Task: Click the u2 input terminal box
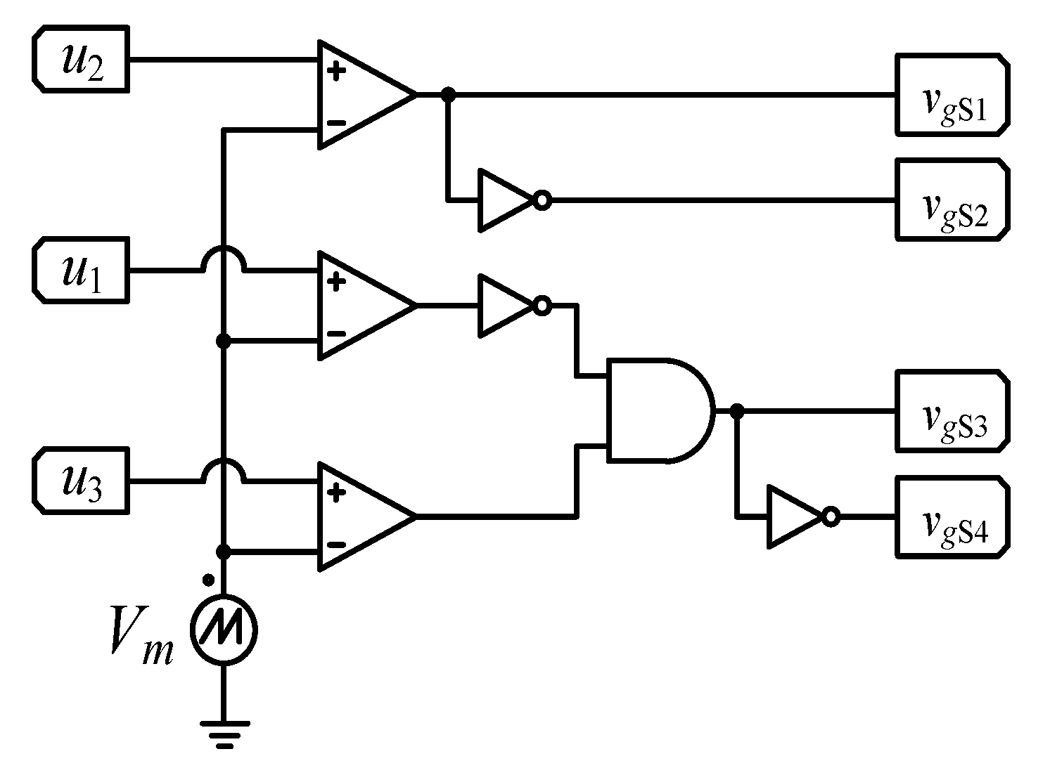tap(81, 59)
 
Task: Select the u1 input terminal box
tap(81, 271)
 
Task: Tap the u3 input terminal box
tap(81, 482)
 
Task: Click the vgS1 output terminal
tap(952, 94)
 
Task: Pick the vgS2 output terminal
tap(952, 200)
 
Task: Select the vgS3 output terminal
tap(952, 411)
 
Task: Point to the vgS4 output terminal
tap(952, 517)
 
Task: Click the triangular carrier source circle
tap(224, 630)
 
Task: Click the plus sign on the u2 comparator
tap(337, 70)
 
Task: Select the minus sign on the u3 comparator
tap(337, 545)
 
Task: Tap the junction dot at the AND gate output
tap(736, 411)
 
